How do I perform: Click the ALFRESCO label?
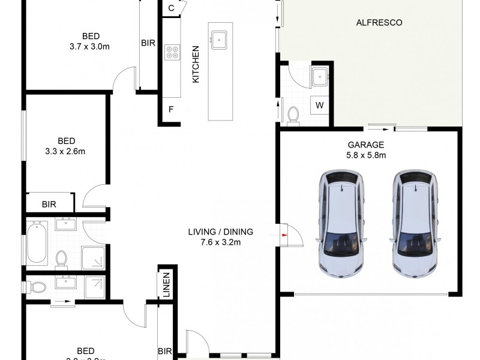[379, 23]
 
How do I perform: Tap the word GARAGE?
[365, 145]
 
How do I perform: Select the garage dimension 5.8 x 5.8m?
[366, 155]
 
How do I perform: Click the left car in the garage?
[341, 222]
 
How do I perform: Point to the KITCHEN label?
[195, 64]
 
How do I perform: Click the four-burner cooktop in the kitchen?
[172, 52]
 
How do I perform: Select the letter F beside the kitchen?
[171, 110]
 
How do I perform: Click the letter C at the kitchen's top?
[171, 8]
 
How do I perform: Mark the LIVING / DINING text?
[221, 232]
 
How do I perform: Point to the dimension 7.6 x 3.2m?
[221, 242]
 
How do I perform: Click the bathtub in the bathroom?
[37, 242]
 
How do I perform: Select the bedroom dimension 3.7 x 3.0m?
[92, 45]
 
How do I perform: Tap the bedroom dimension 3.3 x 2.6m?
[65, 151]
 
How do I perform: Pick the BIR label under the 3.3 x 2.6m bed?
[49, 205]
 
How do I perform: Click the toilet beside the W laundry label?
[293, 114]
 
